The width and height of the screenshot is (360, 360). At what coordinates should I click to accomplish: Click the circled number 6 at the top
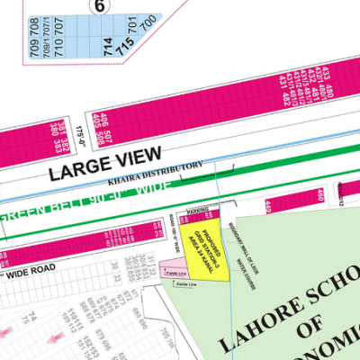tap(99, 4)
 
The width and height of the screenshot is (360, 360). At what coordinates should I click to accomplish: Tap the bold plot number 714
tap(110, 41)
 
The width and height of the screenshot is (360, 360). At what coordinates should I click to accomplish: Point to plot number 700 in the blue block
tap(148, 19)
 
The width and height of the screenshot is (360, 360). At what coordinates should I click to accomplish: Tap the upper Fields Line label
tap(175, 272)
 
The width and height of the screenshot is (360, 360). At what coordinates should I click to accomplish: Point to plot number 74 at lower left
tap(31, 317)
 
